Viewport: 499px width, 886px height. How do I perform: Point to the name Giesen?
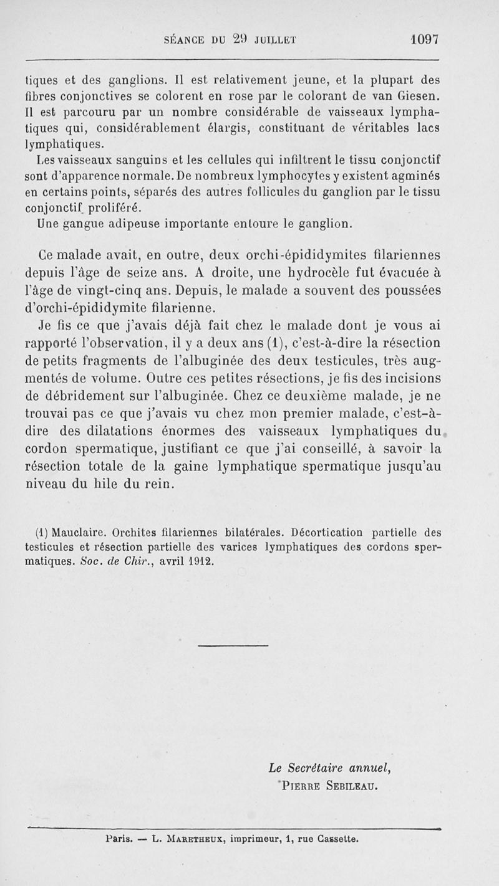click(x=420, y=97)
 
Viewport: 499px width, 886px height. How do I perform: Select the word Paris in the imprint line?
click(x=119, y=839)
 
